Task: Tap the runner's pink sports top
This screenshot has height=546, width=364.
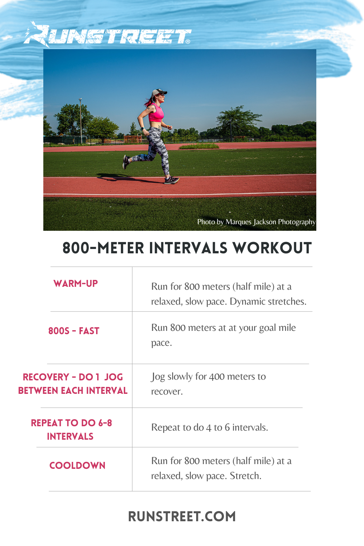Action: (x=156, y=113)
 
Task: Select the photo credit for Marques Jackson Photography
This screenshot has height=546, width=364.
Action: (x=256, y=222)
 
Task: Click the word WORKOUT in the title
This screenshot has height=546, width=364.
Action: (x=272, y=248)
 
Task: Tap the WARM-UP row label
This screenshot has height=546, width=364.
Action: (x=76, y=284)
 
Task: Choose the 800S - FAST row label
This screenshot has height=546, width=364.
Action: (x=74, y=331)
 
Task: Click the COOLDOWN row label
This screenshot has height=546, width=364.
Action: (x=77, y=466)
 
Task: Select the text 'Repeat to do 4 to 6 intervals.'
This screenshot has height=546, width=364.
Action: (x=209, y=427)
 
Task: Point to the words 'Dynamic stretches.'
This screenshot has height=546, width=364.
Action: (x=268, y=301)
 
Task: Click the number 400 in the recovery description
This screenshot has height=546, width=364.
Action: (x=217, y=376)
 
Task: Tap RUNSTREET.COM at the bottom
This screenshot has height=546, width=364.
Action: (x=182, y=517)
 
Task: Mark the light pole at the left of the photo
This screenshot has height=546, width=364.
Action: (x=80, y=120)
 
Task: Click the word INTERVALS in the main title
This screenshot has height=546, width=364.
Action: (x=188, y=248)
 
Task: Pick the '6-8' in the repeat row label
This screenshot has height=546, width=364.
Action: (x=105, y=423)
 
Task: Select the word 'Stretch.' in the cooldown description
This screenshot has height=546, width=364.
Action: (x=245, y=476)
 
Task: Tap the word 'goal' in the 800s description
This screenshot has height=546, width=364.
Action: (x=268, y=328)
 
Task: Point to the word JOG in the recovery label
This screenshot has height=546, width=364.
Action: (x=114, y=377)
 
